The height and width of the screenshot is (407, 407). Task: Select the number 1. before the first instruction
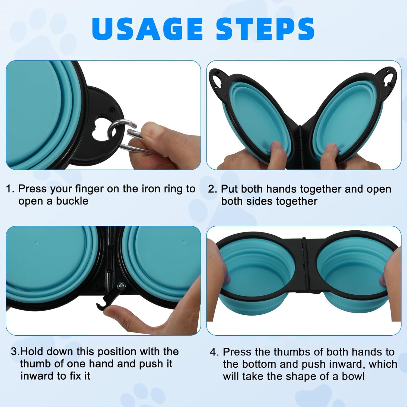10,189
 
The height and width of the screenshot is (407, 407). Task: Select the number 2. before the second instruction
212,189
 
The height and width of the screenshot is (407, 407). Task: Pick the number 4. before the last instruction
214,352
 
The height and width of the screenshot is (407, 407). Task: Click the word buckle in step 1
72,201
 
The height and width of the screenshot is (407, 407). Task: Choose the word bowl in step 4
353,376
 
